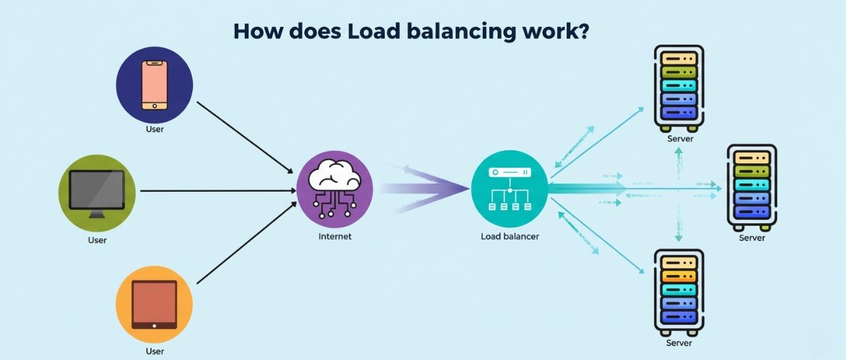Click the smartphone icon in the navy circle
[154, 85]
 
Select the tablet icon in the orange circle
[154, 304]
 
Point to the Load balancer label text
[510, 236]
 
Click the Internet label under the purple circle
[334, 236]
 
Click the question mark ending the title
[580, 31]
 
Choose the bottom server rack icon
[680, 292]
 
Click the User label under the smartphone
[154, 130]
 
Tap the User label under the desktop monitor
[97, 240]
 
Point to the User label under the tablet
[154, 351]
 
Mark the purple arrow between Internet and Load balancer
[425, 189]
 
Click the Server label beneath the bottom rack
[680, 343]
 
